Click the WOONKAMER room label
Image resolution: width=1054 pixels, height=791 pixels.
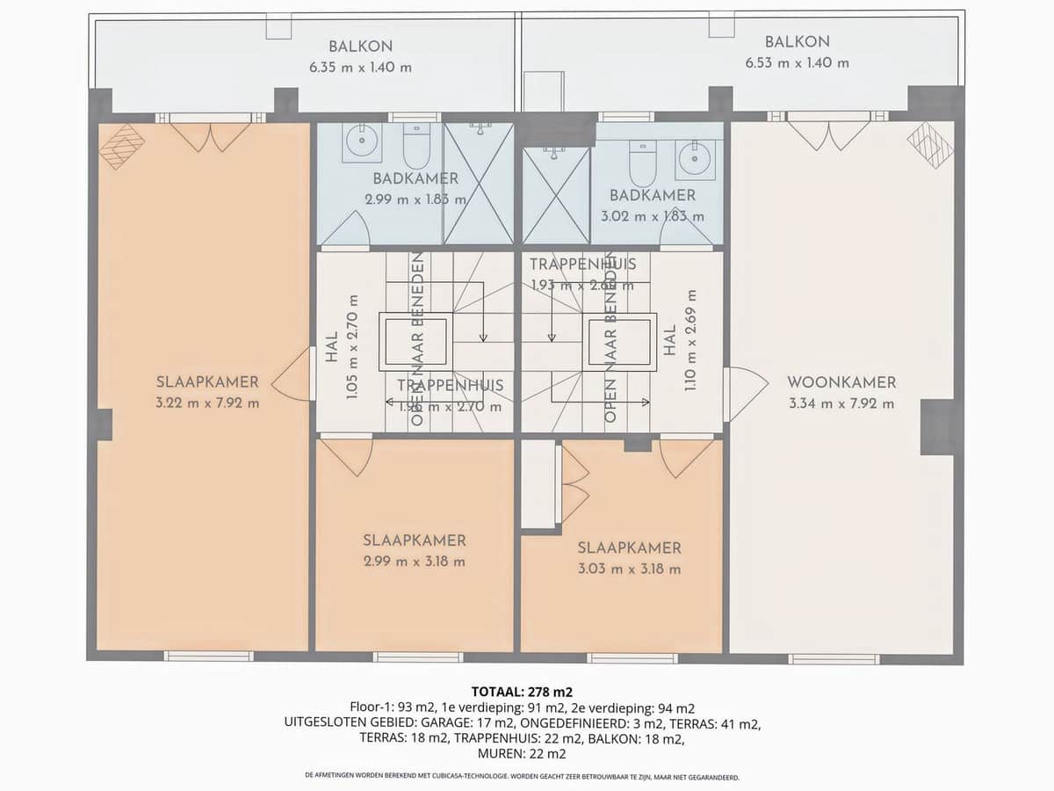point(841,382)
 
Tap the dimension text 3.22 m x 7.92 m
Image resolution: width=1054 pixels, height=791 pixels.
point(207,403)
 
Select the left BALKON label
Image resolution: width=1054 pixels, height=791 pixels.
point(360,47)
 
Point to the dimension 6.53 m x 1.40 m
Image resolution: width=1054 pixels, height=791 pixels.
point(797,62)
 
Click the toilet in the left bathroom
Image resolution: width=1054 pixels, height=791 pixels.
point(415,146)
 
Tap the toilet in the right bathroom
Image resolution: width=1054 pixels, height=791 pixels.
point(641,158)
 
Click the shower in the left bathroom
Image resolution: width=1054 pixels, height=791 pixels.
point(478,184)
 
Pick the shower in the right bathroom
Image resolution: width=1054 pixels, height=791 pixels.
point(556,195)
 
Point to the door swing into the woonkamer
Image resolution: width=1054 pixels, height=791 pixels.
point(745,393)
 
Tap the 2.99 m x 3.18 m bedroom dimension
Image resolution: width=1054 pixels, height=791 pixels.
point(415,562)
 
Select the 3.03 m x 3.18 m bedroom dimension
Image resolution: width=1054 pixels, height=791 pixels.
point(629,569)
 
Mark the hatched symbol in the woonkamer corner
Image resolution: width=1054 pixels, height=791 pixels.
point(930,145)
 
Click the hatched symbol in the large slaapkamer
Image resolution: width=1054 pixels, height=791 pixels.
point(121,146)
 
